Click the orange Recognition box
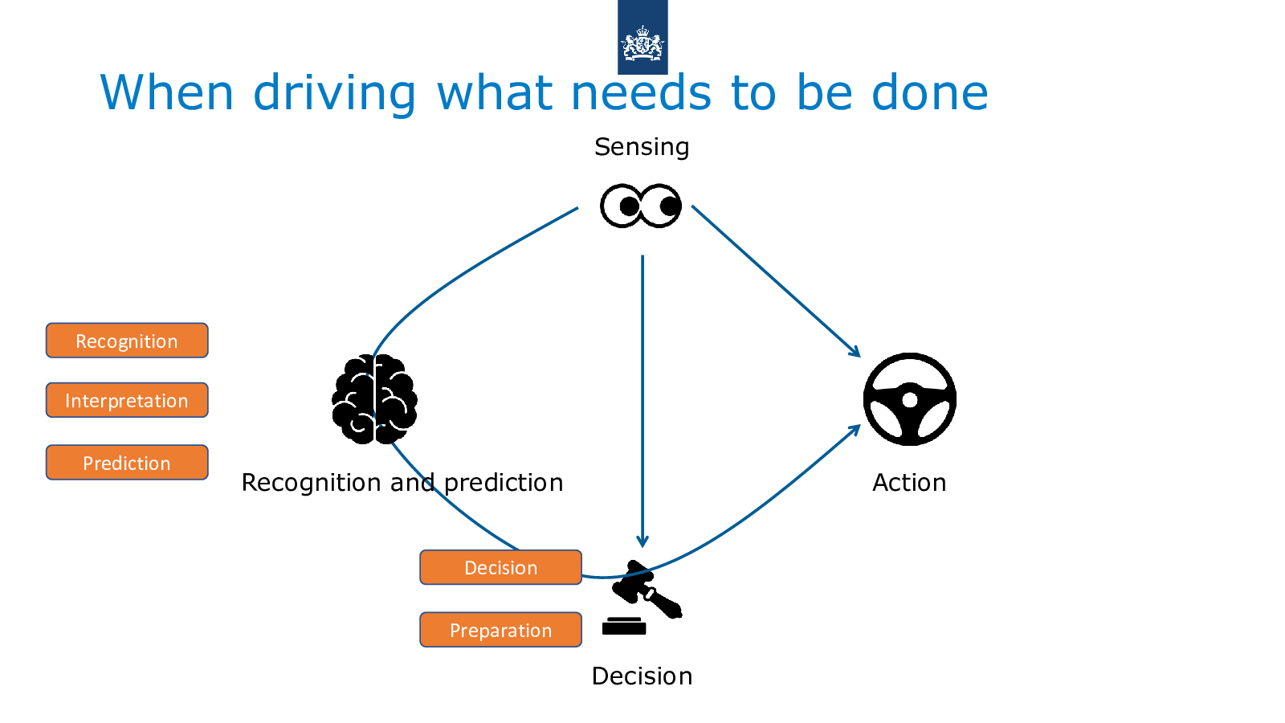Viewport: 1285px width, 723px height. click(127, 341)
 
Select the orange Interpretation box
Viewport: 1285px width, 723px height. click(127, 400)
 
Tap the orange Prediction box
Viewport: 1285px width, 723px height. click(127, 463)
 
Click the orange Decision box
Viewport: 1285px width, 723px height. click(501, 567)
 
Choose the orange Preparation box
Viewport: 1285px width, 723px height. click(501, 630)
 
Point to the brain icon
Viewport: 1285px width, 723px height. click(374, 399)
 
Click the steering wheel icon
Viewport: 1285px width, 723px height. click(910, 399)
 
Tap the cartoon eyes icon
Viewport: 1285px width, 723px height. click(641, 206)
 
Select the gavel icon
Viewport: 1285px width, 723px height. click(642, 598)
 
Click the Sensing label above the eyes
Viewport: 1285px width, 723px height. click(642, 147)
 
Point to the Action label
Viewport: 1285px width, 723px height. click(909, 483)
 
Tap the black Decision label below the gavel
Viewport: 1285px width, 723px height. click(642, 676)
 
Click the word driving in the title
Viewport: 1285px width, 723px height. click(334, 93)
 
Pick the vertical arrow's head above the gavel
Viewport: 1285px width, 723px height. click(642, 541)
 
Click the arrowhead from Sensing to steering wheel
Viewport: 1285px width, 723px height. click(855, 351)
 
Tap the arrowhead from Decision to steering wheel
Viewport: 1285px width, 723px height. click(855, 430)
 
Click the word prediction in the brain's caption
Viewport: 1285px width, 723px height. click(504, 483)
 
